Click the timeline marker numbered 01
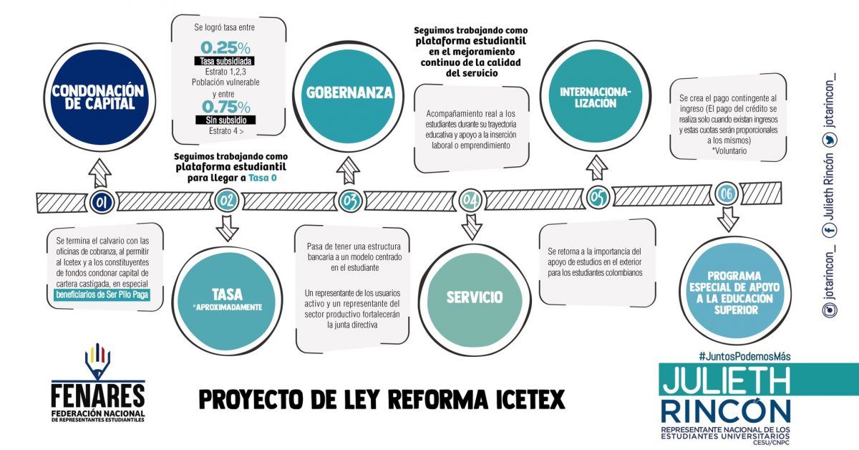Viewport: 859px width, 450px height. tap(102, 202)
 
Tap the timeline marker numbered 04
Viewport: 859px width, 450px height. tap(470, 200)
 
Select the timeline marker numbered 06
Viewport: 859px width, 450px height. tap(727, 194)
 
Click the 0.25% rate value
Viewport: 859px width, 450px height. tap(225, 48)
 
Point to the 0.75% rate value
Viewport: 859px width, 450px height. tap(226, 107)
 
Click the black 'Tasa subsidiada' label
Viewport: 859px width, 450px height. tap(224, 61)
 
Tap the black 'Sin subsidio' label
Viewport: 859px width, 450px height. tap(225, 120)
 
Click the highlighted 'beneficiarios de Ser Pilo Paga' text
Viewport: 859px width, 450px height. tap(102, 295)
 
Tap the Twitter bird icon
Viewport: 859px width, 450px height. tap(830, 140)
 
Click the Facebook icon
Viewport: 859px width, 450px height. tap(830, 231)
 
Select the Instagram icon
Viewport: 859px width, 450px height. tap(830, 310)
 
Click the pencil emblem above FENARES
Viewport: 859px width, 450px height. tap(97, 360)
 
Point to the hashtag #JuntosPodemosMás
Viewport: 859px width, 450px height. tap(744, 357)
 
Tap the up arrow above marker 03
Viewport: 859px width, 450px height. tap(348, 170)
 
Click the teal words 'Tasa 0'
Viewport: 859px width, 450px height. tap(262, 178)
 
